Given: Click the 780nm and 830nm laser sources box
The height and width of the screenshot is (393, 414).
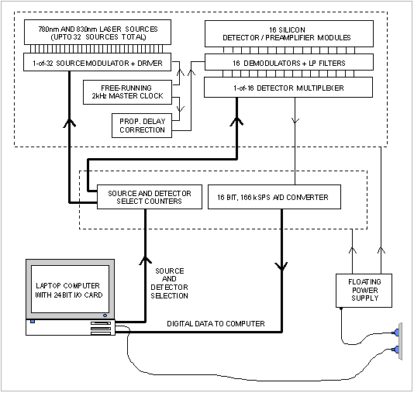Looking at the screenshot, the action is pos(98,33).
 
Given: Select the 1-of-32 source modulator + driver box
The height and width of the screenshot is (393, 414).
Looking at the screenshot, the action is pos(97,62).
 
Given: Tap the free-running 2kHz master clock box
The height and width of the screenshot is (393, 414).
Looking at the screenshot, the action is pos(127,92).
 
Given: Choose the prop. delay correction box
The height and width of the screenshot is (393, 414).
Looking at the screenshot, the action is pos(142,126).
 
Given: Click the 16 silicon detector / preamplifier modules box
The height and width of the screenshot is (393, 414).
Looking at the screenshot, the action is pos(289,34).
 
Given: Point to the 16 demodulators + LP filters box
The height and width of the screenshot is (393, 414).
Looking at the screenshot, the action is pos(289,62).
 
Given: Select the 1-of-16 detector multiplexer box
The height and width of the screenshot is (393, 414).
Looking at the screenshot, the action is pos(288,88).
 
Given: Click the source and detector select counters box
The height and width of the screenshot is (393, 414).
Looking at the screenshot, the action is pos(150,197).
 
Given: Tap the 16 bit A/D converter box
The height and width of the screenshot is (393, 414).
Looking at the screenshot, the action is pos(274,197).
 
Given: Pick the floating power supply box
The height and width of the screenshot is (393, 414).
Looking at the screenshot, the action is pos(364,291).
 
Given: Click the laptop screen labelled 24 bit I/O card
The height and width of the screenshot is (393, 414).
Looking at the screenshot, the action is pos(70,289).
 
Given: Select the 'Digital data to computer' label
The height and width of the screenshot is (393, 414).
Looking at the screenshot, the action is pos(216,323).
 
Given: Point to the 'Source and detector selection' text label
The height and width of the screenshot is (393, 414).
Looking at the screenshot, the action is pos(169,283).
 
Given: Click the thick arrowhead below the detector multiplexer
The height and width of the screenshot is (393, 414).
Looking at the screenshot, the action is pos(236,122).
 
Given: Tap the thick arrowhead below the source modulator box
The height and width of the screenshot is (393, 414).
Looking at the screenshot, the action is pos(70,123).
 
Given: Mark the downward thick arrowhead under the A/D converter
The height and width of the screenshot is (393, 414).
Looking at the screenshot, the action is pos(281,267).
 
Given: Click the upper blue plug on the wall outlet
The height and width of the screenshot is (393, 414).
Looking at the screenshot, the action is pos(396,333).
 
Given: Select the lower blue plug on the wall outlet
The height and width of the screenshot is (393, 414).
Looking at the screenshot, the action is pos(396,350).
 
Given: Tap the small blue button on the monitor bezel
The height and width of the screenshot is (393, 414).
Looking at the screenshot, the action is pos(105,315).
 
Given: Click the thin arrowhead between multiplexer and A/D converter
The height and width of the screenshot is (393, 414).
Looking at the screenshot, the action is pos(295,120).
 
